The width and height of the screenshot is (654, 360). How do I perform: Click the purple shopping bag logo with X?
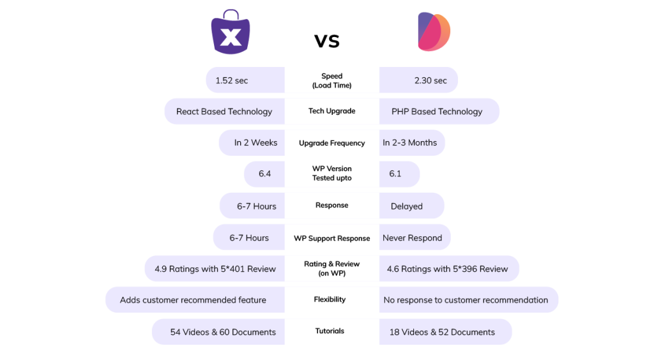coord(231,33)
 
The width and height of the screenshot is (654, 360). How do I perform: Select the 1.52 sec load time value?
coord(232,80)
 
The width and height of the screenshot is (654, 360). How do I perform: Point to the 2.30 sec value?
coord(430,80)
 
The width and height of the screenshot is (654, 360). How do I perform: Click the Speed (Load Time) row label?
coord(332,80)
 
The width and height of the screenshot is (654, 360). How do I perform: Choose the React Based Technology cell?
coord(224,111)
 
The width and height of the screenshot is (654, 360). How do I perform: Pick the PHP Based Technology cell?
coord(437,111)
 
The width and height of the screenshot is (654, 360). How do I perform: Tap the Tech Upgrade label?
coord(331,111)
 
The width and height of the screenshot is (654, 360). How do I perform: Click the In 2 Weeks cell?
coord(255,142)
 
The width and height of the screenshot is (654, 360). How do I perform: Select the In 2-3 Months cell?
coord(410,142)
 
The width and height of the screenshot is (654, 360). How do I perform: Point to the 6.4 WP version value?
coord(264,174)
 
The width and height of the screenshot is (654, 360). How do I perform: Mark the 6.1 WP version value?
coord(395,174)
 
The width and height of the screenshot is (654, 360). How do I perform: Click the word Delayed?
coord(407,206)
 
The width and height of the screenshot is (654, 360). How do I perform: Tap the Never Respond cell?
coord(412,238)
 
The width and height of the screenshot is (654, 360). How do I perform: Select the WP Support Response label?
coord(332,238)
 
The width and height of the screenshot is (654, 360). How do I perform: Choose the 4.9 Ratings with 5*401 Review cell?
coord(215,269)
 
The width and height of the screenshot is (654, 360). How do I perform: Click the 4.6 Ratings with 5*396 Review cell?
coord(447,269)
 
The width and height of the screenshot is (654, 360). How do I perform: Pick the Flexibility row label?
coord(330,299)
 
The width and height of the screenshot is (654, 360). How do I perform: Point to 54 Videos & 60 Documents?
coord(223,332)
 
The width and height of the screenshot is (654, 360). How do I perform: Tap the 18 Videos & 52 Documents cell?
coord(442,332)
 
